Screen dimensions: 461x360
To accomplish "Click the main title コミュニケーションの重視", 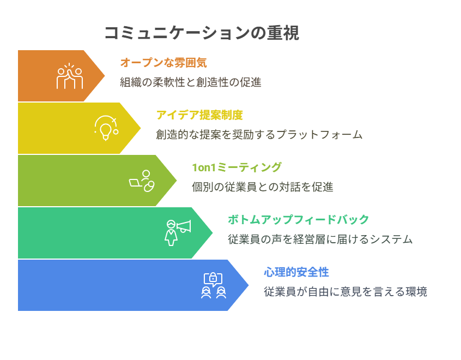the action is [202, 33].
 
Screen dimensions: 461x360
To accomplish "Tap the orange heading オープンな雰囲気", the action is [163, 63].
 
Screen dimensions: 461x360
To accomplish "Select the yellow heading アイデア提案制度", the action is [199, 115].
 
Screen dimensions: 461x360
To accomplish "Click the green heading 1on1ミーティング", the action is [236, 167].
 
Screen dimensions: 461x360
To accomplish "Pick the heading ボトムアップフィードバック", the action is [299, 220].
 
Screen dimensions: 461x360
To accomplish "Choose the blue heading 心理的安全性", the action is [296, 272].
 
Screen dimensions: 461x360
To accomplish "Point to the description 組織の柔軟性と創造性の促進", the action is [191, 82].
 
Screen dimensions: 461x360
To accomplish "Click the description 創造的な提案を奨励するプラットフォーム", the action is [259, 135].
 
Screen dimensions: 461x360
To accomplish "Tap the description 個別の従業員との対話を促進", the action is [263, 187].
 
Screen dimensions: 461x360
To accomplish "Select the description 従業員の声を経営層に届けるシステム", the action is [320, 239].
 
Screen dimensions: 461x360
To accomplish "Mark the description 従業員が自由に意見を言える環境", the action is [345, 292].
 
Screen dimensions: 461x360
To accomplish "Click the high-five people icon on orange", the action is [70, 76].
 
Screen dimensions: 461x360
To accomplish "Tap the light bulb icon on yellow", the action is [106, 128].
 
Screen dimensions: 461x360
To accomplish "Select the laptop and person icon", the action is [142, 181].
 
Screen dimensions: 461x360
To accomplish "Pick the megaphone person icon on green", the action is [178, 233].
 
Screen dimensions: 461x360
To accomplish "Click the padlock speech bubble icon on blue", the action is [214, 285].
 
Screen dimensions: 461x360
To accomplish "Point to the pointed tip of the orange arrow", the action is [105, 76].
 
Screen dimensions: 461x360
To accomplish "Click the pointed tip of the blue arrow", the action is [248, 285].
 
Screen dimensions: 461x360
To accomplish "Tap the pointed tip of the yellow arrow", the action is [141, 128].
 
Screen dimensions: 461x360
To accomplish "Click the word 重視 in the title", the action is [283, 33].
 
